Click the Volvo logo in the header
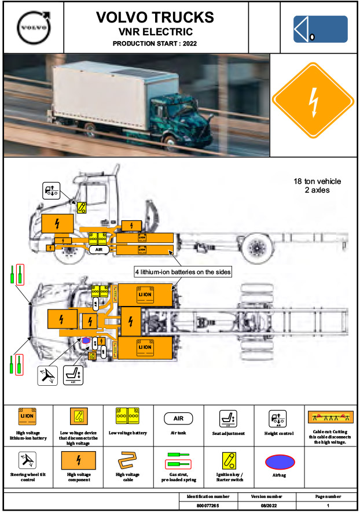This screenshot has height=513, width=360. pyautogui.click(x=32, y=27)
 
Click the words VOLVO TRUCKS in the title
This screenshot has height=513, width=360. pyautogui.click(x=155, y=17)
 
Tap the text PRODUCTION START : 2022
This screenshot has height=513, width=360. pyautogui.click(x=155, y=43)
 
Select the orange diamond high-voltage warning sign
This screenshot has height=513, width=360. pyautogui.click(x=313, y=105)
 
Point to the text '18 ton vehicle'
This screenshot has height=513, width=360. pyautogui.click(x=317, y=181)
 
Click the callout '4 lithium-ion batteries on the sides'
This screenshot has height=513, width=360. pyautogui.click(x=183, y=272)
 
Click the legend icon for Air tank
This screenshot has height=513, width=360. pyautogui.click(x=179, y=418)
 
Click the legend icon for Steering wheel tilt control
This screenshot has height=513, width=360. pyautogui.click(x=28, y=461)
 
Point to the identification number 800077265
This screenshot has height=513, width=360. pyautogui.click(x=208, y=506)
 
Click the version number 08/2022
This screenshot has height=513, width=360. pyautogui.click(x=266, y=506)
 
